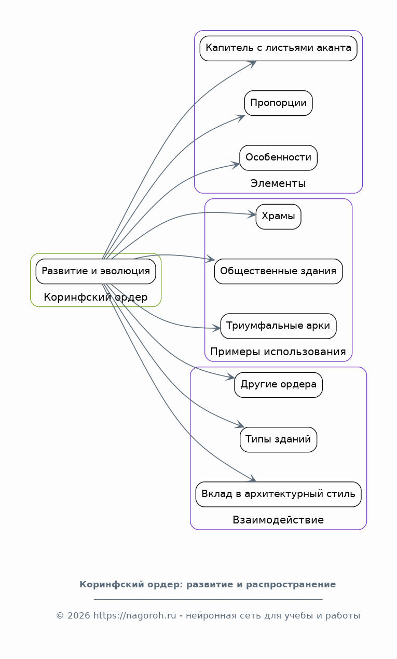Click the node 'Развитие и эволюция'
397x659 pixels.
click(95, 271)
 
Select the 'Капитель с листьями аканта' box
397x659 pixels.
click(278, 48)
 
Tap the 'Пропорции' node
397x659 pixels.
click(278, 103)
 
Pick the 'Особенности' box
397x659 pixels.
click(278, 157)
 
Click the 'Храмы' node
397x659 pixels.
click(278, 217)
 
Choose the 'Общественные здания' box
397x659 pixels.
click(278, 271)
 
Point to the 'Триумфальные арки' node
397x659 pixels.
click(278, 326)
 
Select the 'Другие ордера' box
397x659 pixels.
click(278, 385)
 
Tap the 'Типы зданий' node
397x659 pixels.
click(278, 439)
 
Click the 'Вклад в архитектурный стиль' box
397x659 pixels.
click(278, 494)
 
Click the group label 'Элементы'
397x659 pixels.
click(278, 183)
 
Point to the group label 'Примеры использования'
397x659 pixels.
click(278, 352)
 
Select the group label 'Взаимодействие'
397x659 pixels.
click(278, 520)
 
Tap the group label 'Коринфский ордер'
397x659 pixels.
click(95, 298)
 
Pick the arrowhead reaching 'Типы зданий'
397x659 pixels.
click(241, 426)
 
